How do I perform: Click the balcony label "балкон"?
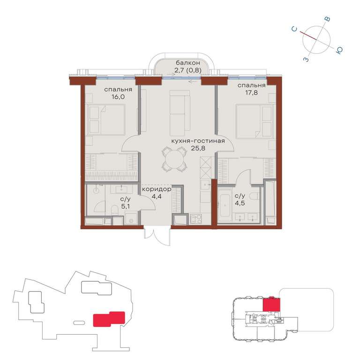coord(188,63)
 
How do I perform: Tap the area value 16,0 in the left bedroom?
coord(118,97)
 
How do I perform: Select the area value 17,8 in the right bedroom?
coord(251,93)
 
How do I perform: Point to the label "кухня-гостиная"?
coord(198,141)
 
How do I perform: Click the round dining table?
coord(175,159)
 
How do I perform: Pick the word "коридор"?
coord(157,189)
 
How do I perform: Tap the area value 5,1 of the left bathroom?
coord(125,206)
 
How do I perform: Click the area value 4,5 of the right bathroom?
coord(240,203)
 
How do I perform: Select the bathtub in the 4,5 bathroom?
coord(225,205)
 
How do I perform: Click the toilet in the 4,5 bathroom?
coord(254,196)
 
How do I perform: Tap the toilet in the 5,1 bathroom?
coord(114,210)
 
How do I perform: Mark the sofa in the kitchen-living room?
coord(180,113)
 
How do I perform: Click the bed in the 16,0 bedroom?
coord(105,120)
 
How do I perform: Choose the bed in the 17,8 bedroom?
coord(255,121)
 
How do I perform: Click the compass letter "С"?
coord(294,29)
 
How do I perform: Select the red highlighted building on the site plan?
coord(109,319)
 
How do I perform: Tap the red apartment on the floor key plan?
coord(271,305)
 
